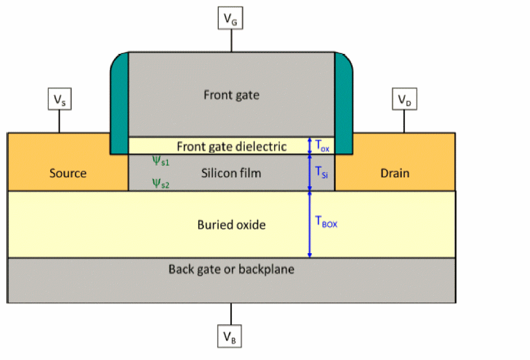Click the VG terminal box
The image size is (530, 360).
pyautogui.click(x=230, y=19)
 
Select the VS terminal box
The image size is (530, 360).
pyautogui.click(x=59, y=99)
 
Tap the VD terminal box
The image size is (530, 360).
pyautogui.click(x=403, y=99)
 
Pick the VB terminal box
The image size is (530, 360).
pyautogui.click(x=230, y=335)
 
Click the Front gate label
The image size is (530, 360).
pyautogui.click(x=231, y=95)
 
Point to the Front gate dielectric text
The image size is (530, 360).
pyautogui.click(x=231, y=146)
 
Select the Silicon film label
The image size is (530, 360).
pyautogui.click(x=231, y=173)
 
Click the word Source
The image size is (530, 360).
pyautogui.click(x=68, y=173)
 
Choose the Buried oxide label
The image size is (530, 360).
pyautogui.click(x=231, y=225)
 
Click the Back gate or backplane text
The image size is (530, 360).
pyautogui.click(x=231, y=269)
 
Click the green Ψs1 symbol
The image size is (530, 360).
pyautogui.click(x=161, y=161)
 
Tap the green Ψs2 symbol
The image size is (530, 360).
pyautogui.click(x=161, y=183)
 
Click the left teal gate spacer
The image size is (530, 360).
pyautogui.click(x=119, y=105)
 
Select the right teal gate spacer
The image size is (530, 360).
pyautogui.click(x=343, y=105)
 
